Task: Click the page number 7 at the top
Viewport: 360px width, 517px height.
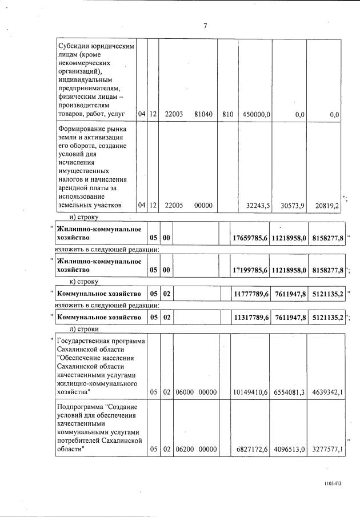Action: (x=205, y=25)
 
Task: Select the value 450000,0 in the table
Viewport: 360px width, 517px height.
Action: (x=256, y=114)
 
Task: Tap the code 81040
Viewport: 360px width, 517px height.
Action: (x=203, y=114)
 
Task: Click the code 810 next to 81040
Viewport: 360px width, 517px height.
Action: (x=227, y=114)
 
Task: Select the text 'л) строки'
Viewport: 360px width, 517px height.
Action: (x=84, y=329)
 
